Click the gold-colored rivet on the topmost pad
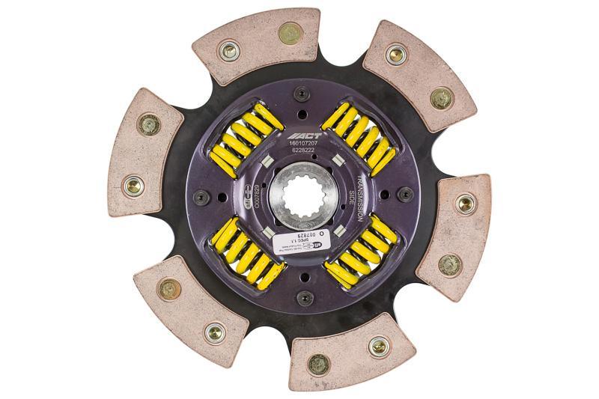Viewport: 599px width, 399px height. click(289, 32)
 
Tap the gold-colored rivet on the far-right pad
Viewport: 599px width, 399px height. click(449, 264)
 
